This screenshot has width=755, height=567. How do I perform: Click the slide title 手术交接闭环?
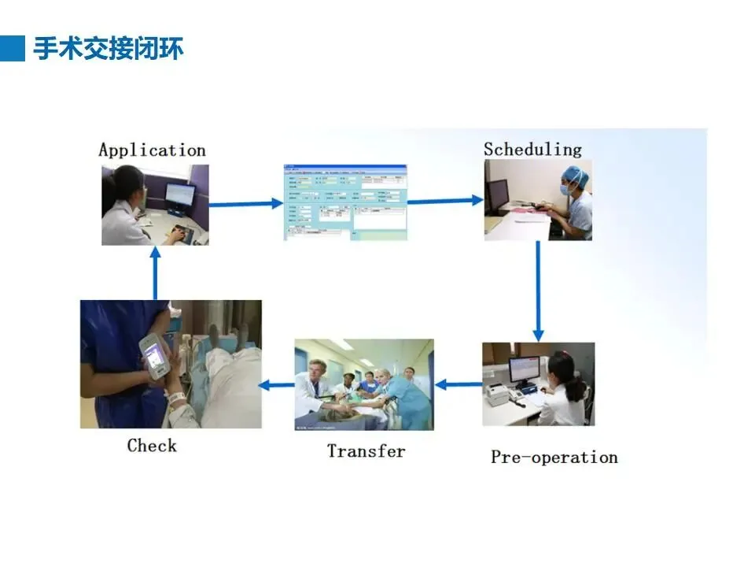tap(109, 49)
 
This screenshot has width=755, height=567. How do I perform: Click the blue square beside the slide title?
tap(13, 48)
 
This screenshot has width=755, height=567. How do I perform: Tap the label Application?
tap(152, 150)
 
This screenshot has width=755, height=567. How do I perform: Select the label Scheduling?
tap(532, 149)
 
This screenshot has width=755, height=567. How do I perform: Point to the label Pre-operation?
tap(554, 457)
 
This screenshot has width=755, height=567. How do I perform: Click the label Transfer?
tap(366, 451)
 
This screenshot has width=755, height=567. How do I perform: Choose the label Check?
tap(152, 446)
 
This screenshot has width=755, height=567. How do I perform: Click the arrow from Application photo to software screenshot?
tap(245, 204)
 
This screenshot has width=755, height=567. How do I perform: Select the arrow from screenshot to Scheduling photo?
tap(445, 202)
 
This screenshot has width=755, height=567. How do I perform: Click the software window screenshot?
tap(345, 202)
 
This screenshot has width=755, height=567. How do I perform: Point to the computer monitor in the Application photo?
tap(180, 197)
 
